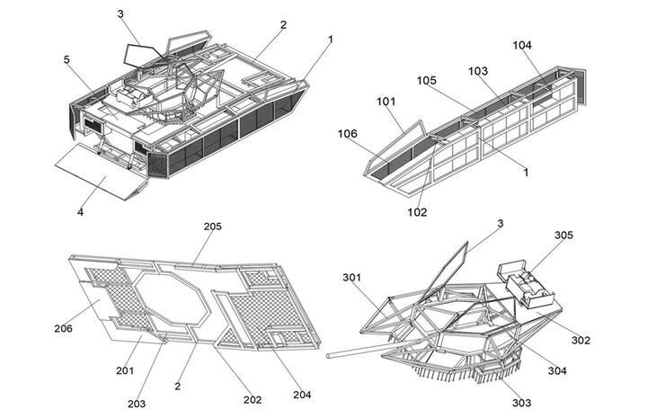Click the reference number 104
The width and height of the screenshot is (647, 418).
[x=522, y=45]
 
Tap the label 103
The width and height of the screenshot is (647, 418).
[x=478, y=71]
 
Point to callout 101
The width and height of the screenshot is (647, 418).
[x=386, y=102]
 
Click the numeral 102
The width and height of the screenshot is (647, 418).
[x=417, y=212]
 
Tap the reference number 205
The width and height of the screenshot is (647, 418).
[x=212, y=227]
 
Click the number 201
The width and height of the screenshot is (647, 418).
[x=125, y=370]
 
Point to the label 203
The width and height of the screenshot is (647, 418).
[x=136, y=404]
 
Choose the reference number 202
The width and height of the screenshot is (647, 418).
[x=253, y=399]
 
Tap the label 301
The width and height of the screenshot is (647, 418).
[x=351, y=277]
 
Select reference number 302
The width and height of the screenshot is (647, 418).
[x=581, y=340]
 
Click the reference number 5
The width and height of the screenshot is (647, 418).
[x=66, y=60]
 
